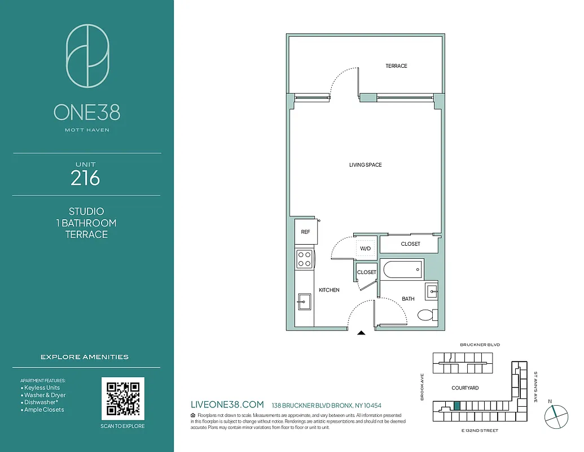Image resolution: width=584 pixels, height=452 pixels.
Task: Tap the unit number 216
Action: pyautogui.click(x=86, y=179)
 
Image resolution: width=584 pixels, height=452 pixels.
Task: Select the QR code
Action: pyautogui.click(x=123, y=398)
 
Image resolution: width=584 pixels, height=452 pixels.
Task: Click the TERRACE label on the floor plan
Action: pyautogui.click(x=396, y=66)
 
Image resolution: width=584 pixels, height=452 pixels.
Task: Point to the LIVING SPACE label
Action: pyautogui.click(x=365, y=165)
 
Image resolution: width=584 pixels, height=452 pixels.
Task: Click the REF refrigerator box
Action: pyautogui.click(x=305, y=232)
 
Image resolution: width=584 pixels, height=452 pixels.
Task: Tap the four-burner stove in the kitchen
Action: pyautogui.click(x=305, y=259)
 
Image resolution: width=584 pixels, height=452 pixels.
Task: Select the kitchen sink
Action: pyautogui.click(x=304, y=301)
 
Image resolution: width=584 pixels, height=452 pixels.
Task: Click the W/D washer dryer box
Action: pyautogui.click(x=366, y=248)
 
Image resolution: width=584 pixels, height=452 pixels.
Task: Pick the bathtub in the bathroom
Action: pyautogui.click(x=402, y=269)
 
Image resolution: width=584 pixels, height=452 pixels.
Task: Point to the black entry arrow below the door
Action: pyautogui.click(x=362, y=333)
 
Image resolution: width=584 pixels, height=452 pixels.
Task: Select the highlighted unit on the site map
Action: pyautogui.click(x=457, y=406)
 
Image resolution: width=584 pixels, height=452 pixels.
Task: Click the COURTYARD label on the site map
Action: pyautogui.click(x=465, y=388)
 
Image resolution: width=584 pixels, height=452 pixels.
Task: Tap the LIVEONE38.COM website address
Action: pyautogui.click(x=227, y=405)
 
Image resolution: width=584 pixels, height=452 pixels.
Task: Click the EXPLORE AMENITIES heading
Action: pyautogui.click(x=85, y=357)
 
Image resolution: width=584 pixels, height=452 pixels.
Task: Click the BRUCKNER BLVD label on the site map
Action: pyautogui.click(x=480, y=345)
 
